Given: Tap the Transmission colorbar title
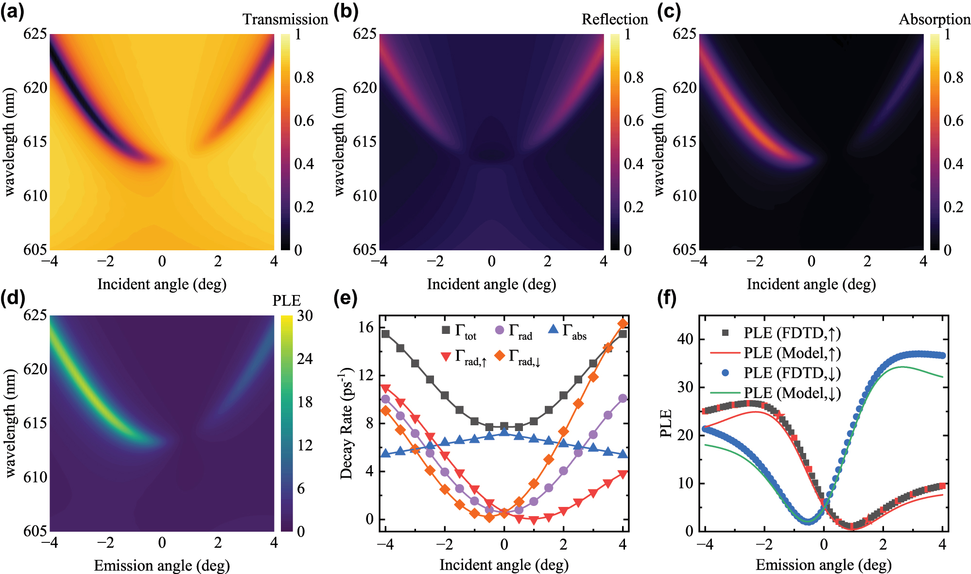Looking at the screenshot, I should click(285, 19).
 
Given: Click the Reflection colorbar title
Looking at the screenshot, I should click(614, 19).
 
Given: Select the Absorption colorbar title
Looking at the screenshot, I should click(934, 19).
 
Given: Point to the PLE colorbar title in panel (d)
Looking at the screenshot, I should click(286, 301).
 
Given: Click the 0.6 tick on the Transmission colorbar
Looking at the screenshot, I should click(304, 121).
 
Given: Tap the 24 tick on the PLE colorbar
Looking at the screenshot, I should click(305, 359).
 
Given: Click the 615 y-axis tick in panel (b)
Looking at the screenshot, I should click(364, 142).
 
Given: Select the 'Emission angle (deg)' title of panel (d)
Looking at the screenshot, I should click(161, 565).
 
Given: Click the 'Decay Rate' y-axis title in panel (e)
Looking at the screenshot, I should click(346, 423).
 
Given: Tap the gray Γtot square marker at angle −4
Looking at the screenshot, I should click(385, 334).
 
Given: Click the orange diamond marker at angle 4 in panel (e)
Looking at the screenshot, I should click(623, 324).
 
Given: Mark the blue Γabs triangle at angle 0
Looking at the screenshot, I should click(504, 433).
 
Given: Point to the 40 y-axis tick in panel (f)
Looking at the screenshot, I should click(686, 339).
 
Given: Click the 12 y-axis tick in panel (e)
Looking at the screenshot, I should click(366, 375).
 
